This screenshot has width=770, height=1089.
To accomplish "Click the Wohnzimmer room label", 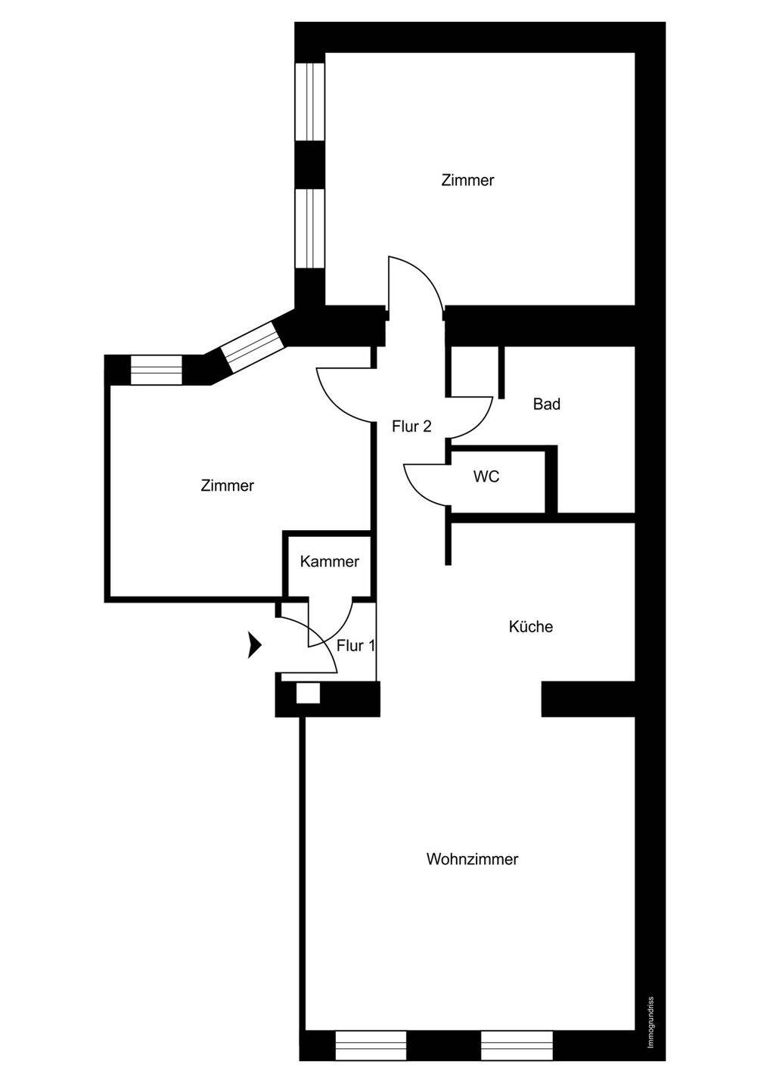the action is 472,859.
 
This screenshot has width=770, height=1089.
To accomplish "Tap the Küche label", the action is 531,626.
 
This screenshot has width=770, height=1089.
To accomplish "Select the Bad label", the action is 546,404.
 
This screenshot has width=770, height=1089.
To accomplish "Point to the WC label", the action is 486,476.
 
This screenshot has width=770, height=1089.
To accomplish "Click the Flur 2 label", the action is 411,427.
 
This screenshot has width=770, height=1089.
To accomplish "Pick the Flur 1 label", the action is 356,646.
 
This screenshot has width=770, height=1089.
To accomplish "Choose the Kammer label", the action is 330,561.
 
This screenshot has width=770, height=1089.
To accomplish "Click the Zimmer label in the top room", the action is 467,180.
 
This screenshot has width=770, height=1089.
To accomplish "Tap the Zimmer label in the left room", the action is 228,486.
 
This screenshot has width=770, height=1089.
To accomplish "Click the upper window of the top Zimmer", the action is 310,101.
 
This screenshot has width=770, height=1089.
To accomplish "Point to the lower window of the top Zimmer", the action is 310,228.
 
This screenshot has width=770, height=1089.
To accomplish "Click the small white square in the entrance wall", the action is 308,693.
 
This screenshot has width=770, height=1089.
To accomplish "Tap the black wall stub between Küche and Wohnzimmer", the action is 588,699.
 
